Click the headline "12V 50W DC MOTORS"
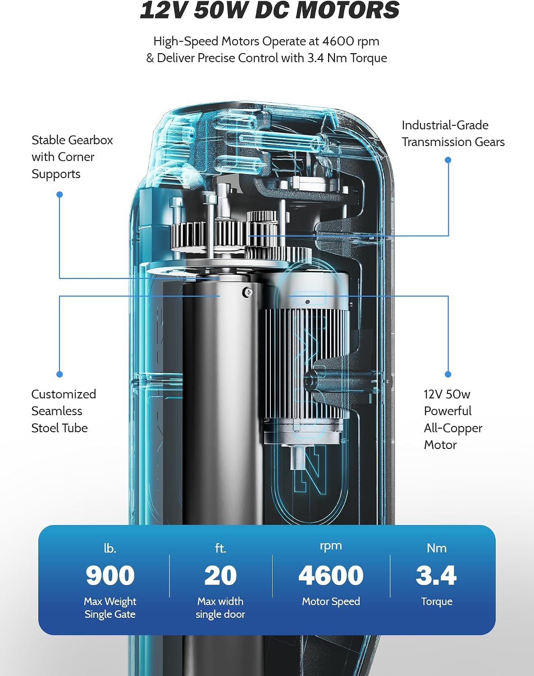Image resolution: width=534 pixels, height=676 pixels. click(269, 10)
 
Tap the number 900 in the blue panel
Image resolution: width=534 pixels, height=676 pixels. click(110, 576)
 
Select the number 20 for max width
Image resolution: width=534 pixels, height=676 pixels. click(220, 576)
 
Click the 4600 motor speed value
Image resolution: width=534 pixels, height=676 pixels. click(331, 576)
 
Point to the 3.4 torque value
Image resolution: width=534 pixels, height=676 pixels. click(436, 576)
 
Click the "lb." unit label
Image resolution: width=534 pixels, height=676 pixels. click(110, 548)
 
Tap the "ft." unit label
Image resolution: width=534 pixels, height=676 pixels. click(220, 548)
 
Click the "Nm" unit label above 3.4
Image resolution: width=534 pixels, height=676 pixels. click(437, 548)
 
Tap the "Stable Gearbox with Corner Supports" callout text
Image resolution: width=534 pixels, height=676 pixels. click(72, 157)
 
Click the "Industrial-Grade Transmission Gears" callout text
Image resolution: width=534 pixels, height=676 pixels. click(453, 133)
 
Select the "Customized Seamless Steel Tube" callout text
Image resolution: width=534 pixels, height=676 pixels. click(64, 411)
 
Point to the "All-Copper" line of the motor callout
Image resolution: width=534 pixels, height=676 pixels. click(453, 428)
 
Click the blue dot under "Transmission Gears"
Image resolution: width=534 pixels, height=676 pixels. click(448, 160)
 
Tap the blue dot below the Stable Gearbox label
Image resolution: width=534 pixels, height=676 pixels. click(59, 194)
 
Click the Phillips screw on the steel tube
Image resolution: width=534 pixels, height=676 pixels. click(247, 292)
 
